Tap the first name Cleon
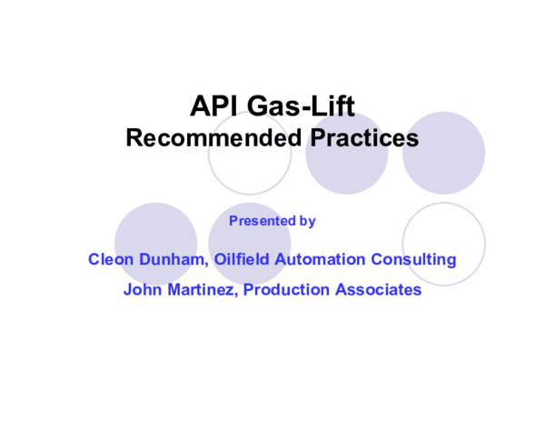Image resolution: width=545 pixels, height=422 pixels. [110, 260]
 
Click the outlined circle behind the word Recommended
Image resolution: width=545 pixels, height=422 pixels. [250, 168]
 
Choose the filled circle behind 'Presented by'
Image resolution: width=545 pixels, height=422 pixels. [250, 238]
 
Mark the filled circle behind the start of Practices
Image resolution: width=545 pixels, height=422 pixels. [346, 168]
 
